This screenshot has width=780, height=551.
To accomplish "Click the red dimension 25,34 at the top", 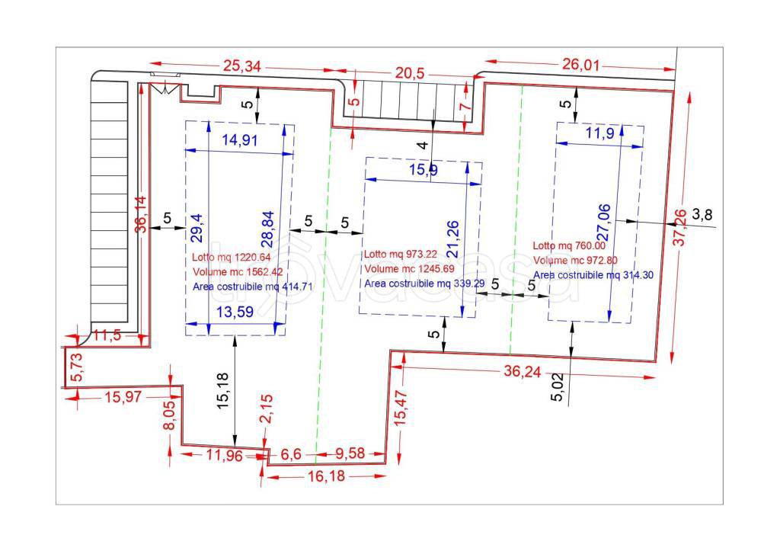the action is click(x=241, y=66).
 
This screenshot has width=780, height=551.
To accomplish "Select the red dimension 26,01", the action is click(x=581, y=64).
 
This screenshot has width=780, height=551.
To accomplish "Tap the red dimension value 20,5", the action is click(x=410, y=73).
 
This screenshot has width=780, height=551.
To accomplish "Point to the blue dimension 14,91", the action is click(x=240, y=140).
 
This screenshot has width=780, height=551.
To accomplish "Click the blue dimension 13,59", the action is click(x=235, y=312).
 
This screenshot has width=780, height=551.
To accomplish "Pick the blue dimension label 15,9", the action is click(x=424, y=170).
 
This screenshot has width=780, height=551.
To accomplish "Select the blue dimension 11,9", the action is click(x=600, y=133).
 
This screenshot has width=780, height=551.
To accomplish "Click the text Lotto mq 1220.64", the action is click(x=232, y=258).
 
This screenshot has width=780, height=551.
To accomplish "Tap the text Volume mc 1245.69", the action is click(x=409, y=269).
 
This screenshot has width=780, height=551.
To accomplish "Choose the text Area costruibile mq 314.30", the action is click(x=593, y=275).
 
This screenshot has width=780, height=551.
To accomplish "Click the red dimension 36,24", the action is click(x=523, y=371).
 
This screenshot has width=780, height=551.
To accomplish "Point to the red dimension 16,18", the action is click(x=326, y=476).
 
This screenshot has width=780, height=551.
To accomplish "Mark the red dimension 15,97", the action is click(x=123, y=397).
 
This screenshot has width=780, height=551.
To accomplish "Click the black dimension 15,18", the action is click(x=223, y=391).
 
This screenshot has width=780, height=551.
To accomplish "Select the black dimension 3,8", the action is click(x=702, y=214).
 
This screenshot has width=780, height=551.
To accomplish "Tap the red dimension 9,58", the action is click(x=350, y=453).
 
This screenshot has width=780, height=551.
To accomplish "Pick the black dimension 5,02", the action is click(x=558, y=386).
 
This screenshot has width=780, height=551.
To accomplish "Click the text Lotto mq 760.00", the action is click(x=569, y=245).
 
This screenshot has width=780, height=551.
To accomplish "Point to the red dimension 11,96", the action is click(x=225, y=456).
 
